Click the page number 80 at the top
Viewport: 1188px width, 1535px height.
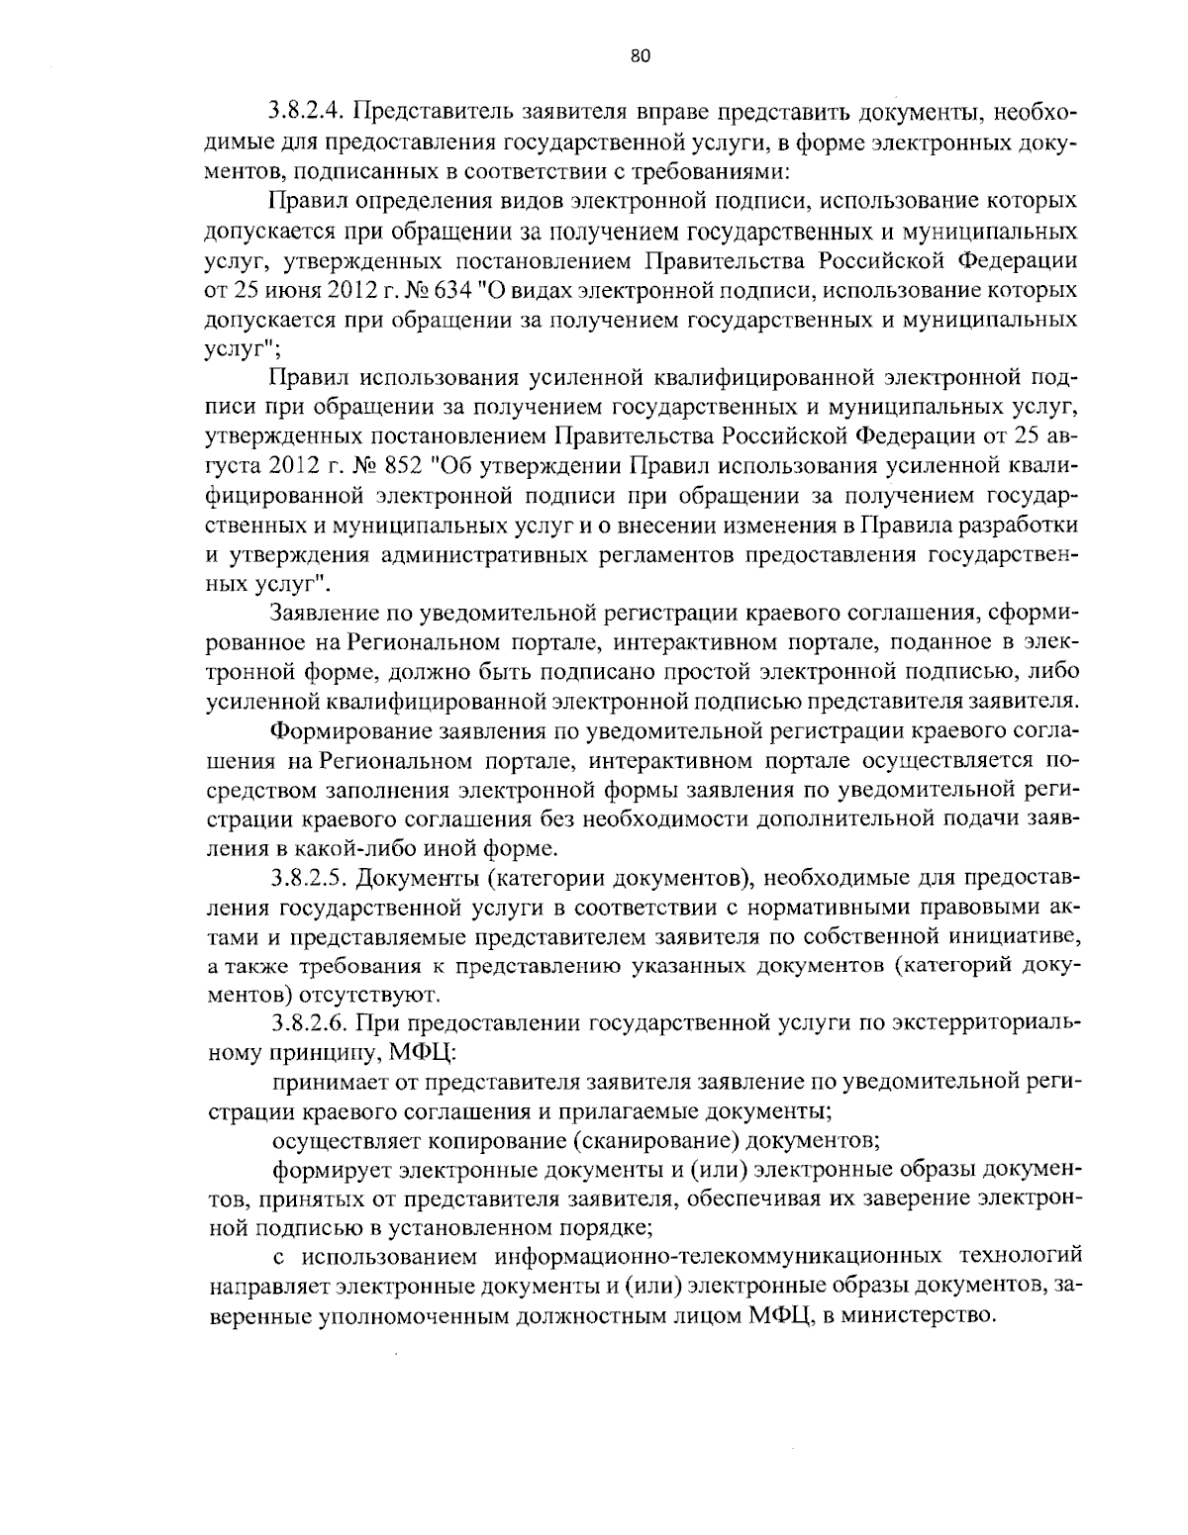coord(639,56)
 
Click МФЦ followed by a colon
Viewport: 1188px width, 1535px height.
coord(414,1050)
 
